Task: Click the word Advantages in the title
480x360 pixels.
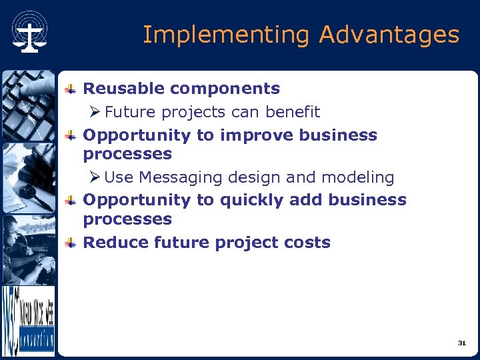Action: click(x=389, y=35)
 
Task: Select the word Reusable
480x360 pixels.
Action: click(x=124, y=89)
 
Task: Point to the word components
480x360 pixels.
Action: click(x=225, y=89)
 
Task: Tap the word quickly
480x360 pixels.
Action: click(x=251, y=200)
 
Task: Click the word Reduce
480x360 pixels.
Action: click(x=116, y=243)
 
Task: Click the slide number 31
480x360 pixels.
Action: click(x=461, y=343)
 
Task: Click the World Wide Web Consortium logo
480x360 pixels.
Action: click(x=27, y=321)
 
